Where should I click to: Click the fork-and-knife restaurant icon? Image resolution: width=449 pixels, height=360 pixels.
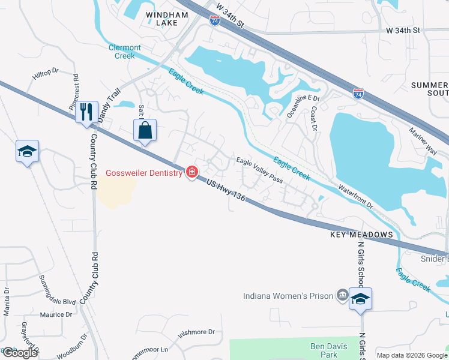(x=86, y=112)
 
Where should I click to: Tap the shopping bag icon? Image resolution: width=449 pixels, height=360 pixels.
(x=145, y=130)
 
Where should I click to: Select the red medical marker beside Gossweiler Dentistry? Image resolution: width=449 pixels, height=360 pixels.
(x=192, y=173)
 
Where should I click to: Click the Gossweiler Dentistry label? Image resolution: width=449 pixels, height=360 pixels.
(x=144, y=173)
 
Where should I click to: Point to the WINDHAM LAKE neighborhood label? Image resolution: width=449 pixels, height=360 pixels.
(x=159, y=17)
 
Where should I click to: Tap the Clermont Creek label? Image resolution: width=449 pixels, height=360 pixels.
(x=125, y=52)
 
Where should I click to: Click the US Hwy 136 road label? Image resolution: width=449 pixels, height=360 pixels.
(x=225, y=193)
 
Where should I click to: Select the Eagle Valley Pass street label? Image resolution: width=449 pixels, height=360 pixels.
(x=259, y=170)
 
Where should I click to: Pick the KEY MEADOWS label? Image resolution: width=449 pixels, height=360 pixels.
(x=361, y=234)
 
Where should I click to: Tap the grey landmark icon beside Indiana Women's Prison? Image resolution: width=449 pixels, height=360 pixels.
(x=342, y=295)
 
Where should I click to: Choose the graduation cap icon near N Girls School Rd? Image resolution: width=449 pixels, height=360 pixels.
(x=360, y=299)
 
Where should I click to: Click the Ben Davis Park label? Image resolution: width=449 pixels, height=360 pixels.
(x=328, y=350)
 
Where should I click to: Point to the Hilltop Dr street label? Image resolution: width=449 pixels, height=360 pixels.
(x=46, y=73)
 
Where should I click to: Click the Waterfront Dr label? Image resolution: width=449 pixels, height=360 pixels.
(x=355, y=196)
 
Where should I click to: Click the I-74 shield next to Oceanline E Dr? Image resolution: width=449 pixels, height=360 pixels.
(x=358, y=94)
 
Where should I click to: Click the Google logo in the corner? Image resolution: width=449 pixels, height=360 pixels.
(x=20, y=353)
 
